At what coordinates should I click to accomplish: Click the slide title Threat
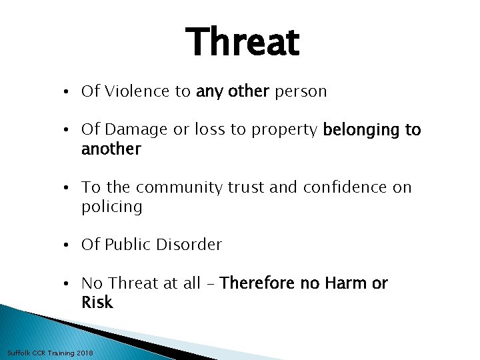pos(243,42)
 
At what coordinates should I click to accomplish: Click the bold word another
pos(111,149)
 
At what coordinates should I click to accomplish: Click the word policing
pos(111,207)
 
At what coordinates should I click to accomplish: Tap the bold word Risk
pos(97,303)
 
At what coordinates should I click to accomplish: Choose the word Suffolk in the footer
pos(18,352)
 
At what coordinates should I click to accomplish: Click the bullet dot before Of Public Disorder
pos(70,245)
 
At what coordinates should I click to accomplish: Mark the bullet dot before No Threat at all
pos(70,284)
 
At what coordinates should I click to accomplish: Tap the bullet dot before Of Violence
pos(70,92)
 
